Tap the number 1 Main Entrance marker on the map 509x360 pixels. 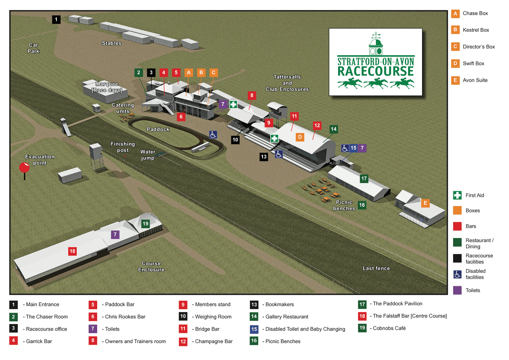(56, 19)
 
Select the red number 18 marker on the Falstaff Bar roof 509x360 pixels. (73, 251)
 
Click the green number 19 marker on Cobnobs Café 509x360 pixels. (145, 223)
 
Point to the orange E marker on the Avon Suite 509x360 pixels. (425, 203)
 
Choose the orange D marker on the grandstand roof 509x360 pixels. (300, 137)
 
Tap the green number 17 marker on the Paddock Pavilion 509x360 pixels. (364, 179)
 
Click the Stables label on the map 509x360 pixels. (112, 43)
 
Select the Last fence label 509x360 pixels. (376, 268)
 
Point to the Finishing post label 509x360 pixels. (123, 147)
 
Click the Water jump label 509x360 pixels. (148, 155)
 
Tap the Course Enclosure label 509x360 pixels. (151, 266)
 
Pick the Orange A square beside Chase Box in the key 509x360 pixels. (455, 14)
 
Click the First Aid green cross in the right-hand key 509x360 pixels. (457, 195)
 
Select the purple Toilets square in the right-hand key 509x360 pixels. (457, 290)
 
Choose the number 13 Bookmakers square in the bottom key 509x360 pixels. (255, 304)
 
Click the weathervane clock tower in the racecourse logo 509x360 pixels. (375, 45)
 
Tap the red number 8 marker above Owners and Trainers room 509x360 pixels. (252, 95)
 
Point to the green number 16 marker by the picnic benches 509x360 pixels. (361, 205)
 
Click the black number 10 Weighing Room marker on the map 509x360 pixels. (235, 139)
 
